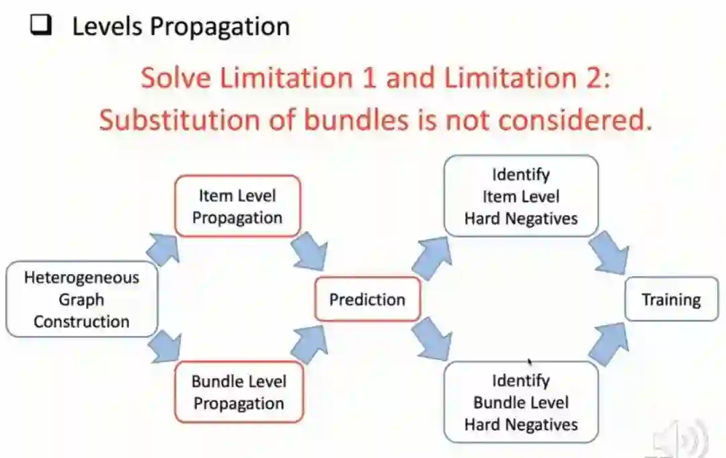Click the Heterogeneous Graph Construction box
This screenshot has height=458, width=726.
(81, 300)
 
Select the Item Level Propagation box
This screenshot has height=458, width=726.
(237, 207)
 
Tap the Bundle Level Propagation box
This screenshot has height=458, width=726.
(238, 392)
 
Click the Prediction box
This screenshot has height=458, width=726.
(367, 300)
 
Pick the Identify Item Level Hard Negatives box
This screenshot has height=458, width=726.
(520, 196)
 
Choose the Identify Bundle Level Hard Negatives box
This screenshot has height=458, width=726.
(520, 402)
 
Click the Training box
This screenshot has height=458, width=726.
(671, 300)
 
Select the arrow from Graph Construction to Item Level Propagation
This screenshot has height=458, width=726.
(165, 249)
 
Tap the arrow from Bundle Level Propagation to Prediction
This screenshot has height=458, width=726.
(309, 345)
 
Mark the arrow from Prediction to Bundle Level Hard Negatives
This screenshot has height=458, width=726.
(432, 341)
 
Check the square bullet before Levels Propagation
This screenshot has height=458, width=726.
(42, 26)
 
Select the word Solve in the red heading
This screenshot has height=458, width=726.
(172, 78)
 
